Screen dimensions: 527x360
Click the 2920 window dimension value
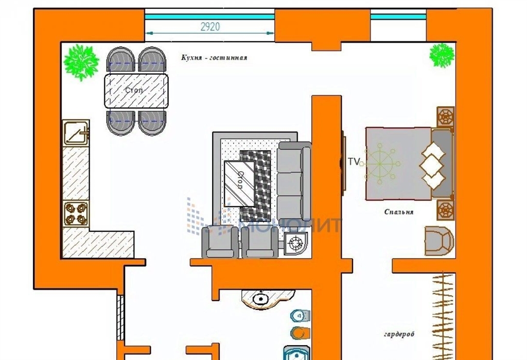tap(210, 26)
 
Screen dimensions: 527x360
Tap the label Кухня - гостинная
tap(214, 58)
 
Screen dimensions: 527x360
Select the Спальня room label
tap(399, 212)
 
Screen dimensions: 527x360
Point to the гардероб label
tap(399, 334)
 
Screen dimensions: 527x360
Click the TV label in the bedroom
tap(353, 162)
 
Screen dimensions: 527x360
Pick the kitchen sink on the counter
tap(76, 132)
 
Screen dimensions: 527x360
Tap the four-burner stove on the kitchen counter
tap(76, 214)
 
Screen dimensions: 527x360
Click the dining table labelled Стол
tap(136, 91)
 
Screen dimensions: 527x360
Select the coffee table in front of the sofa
tap(240, 183)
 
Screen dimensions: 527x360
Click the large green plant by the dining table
tap(81, 62)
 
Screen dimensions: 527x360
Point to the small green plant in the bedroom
tap(442, 56)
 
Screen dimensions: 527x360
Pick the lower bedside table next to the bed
tap(445, 210)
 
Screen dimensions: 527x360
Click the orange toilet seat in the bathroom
tap(301, 333)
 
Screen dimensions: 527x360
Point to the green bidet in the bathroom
tap(301, 316)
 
